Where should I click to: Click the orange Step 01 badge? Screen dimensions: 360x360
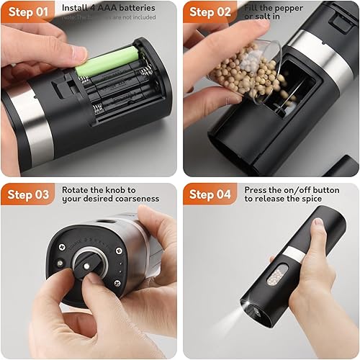click(x=27, y=12)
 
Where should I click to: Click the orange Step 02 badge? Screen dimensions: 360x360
click(x=210, y=12)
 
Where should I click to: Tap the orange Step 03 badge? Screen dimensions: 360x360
click(x=27, y=195)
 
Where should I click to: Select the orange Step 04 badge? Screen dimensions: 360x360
click(x=210, y=195)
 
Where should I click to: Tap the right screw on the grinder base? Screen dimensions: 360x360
click(x=118, y=251)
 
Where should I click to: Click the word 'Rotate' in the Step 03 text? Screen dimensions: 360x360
click(x=76, y=190)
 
